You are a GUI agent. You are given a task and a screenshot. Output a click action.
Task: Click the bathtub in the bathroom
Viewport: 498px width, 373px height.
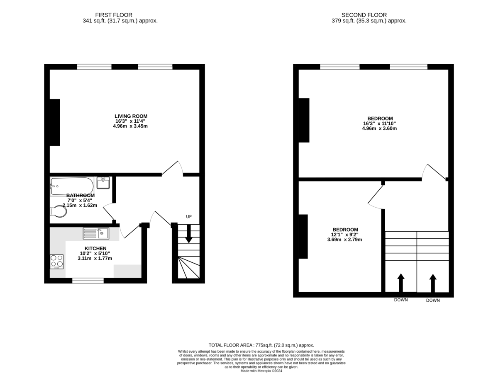click(x=72, y=186)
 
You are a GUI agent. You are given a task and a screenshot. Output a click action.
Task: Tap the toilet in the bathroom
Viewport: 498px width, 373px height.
click(x=59, y=211)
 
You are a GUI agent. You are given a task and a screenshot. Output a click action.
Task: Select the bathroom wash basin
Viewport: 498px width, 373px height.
click(x=103, y=183)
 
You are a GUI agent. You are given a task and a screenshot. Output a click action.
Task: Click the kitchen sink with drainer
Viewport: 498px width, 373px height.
click(x=96, y=233)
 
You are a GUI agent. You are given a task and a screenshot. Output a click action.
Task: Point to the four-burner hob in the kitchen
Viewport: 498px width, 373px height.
click(x=57, y=262)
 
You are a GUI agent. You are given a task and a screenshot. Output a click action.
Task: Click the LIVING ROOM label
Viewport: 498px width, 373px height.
click(x=131, y=116)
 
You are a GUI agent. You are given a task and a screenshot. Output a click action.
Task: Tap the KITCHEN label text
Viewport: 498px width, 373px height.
click(x=95, y=248)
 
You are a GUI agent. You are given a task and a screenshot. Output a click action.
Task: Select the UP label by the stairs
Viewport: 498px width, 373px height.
click(x=189, y=217)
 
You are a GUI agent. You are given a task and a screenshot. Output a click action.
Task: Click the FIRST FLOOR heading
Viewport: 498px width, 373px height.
click(x=114, y=15)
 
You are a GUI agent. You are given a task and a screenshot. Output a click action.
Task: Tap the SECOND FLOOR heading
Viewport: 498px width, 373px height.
click(x=364, y=15)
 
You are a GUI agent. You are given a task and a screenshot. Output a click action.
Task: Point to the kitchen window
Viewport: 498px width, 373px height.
click(x=88, y=281)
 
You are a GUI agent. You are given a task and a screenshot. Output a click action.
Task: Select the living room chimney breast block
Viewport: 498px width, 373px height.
click(x=55, y=122)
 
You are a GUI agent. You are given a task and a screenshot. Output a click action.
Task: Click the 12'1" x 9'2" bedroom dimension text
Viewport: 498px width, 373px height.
click(x=344, y=235)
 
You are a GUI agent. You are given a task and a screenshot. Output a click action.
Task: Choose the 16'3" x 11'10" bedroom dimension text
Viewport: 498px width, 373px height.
click(x=379, y=124)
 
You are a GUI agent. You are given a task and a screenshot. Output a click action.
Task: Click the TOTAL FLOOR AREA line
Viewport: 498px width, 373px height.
click(x=261, y=345)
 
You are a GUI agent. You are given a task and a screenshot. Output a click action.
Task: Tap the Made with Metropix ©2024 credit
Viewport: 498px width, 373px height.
click(x=261, y=371)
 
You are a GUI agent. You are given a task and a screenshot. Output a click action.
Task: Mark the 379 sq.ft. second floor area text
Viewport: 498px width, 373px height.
click(x=369, y=21)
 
